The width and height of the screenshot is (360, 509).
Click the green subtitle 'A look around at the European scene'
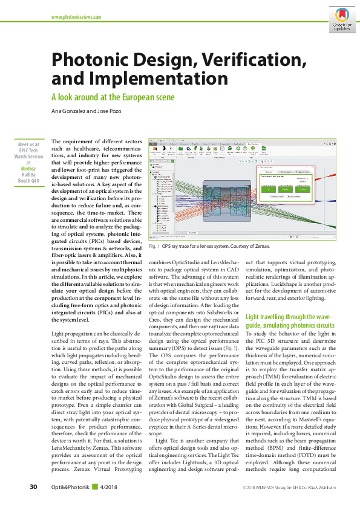point(113,97)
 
